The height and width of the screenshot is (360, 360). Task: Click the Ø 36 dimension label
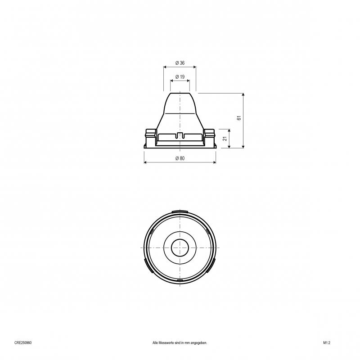pyautogui.click(x=180, y=63)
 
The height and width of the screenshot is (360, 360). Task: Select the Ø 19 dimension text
pyautogui.click(x=180, y=77)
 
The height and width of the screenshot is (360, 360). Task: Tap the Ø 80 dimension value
pyautogui.click(x=180, y=158)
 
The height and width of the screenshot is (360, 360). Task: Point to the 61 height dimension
pyautogui.click(x=239, y=118)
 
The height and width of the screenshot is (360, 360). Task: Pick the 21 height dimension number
pyautogui.click(x=225, y=139)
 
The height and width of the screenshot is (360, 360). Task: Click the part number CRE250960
pyautogui.click(x=23, y=343)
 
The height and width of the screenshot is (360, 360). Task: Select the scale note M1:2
pyautogui.click(x=327, y=343)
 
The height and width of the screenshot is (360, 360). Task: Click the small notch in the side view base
pyautogui.click(x=180, y=135)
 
